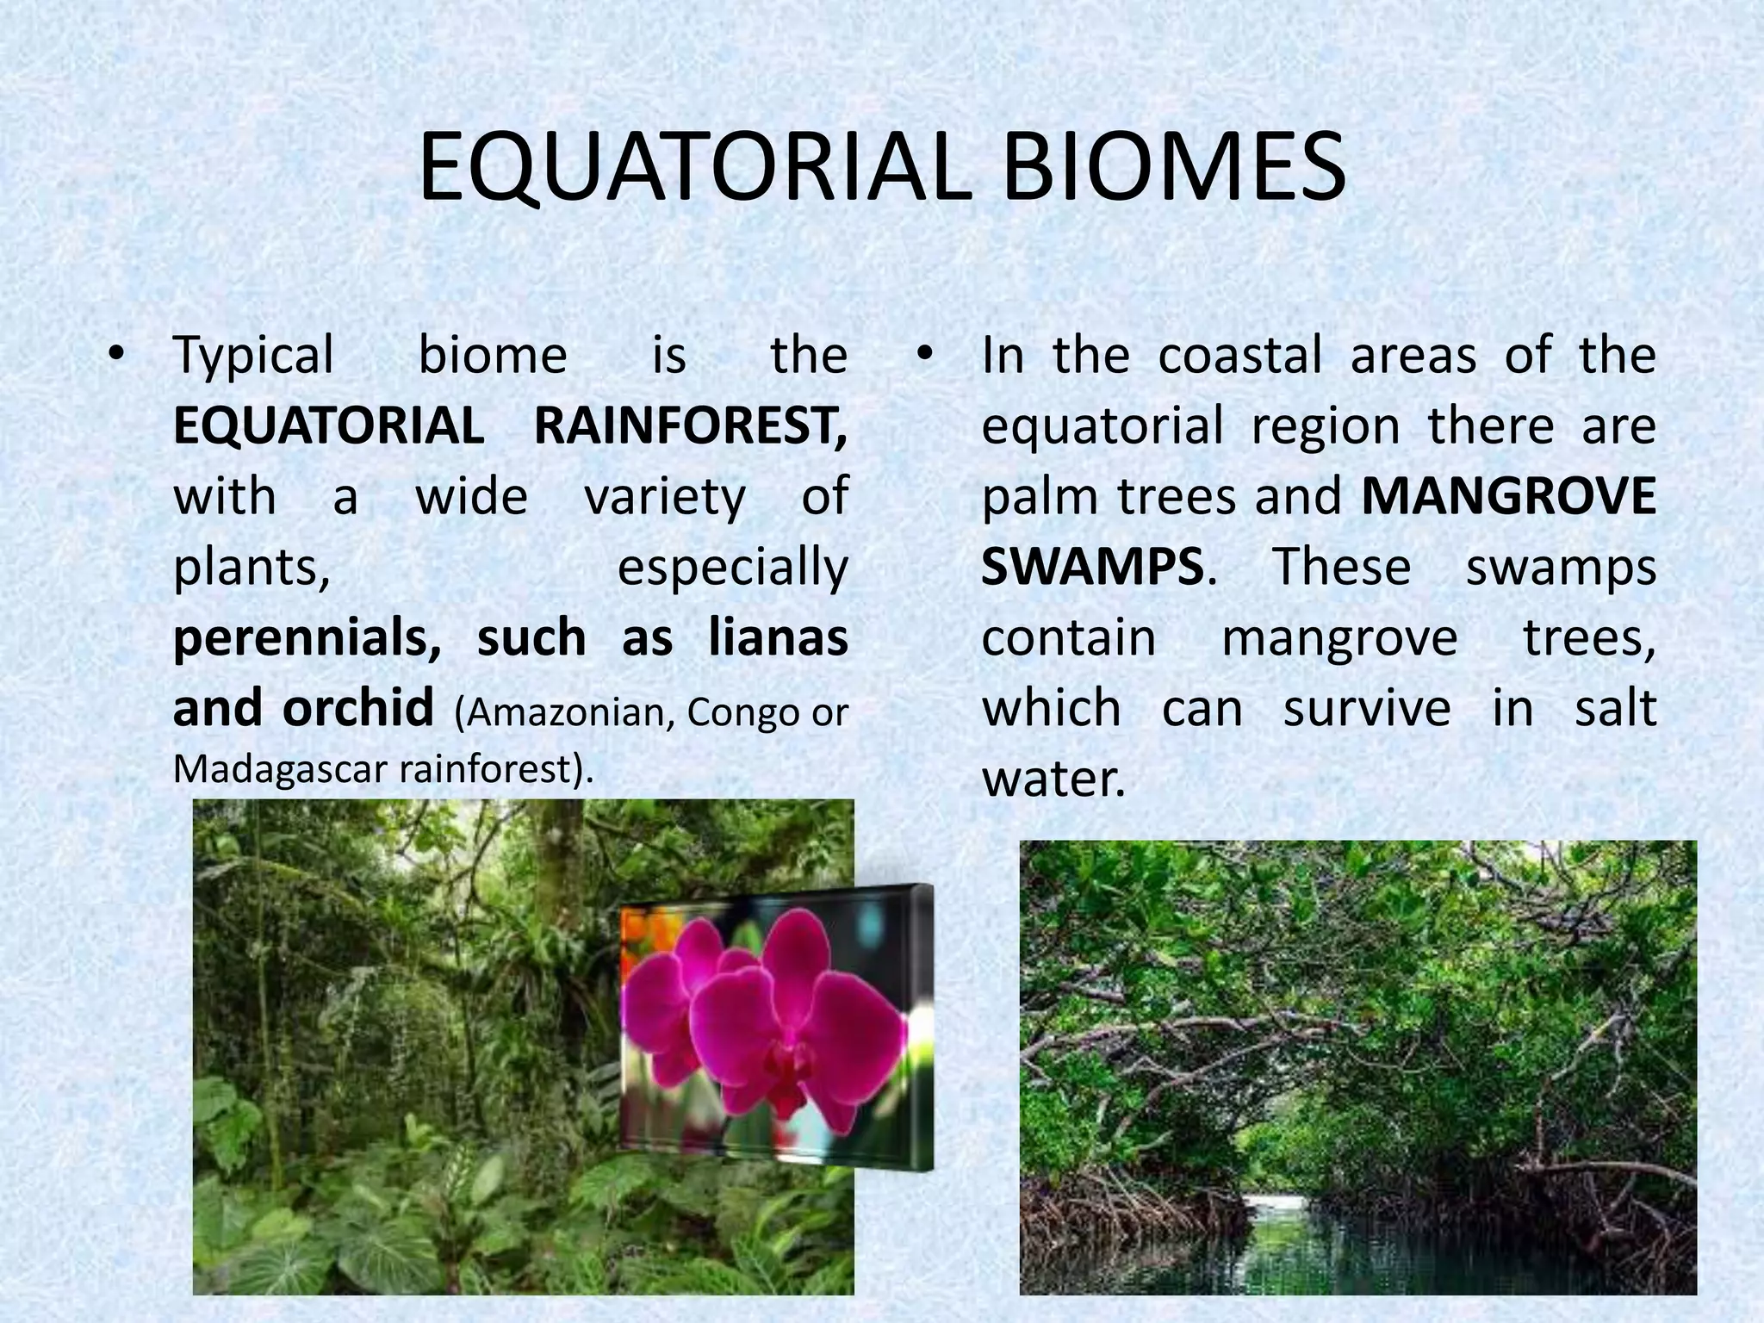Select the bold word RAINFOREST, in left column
coord(690,425)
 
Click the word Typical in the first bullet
coord(253,355)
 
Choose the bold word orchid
coord(357,708)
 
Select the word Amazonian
coord(565,712)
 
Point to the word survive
coord(1367,708)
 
